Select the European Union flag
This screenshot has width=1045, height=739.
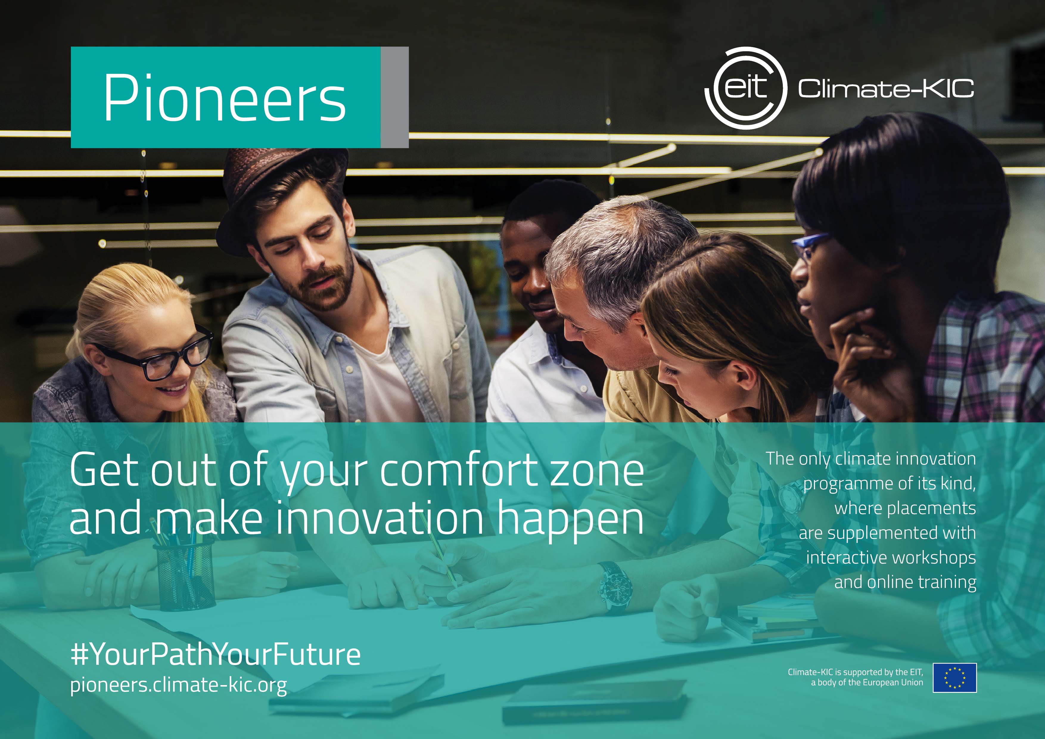coord(954,678)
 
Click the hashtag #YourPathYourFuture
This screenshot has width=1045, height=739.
coord(215,654)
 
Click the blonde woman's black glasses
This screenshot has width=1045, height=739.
coord(155,355)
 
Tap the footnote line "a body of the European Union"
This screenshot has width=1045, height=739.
coord(867,683)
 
